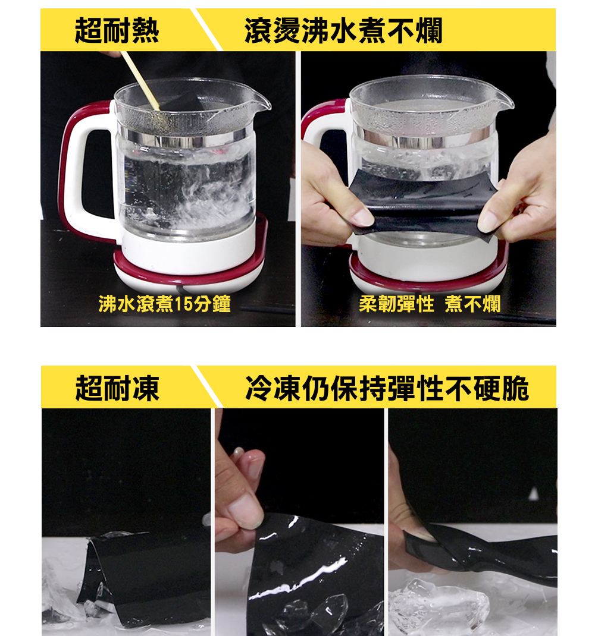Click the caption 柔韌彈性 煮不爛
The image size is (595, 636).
click(430, 305)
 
